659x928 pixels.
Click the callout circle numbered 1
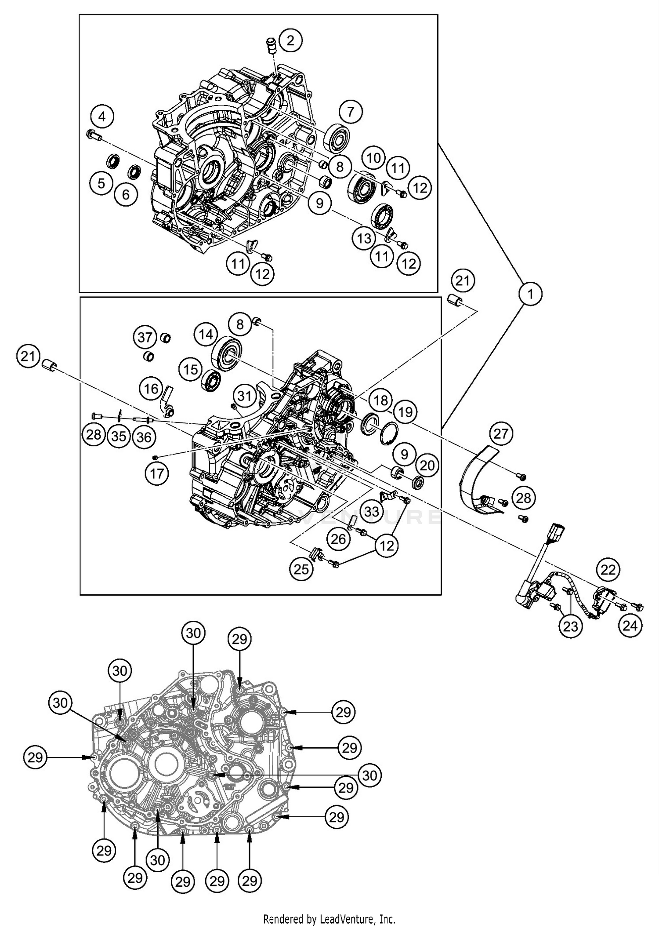coord(530,293)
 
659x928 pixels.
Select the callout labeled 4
coord(102,117)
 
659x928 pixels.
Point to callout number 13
coord(364,239)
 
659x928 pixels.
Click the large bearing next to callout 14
coord(227,353)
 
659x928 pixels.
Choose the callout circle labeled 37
coord(145,337)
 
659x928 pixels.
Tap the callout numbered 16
coord(152,389)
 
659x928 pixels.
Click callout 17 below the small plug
coord(157,473)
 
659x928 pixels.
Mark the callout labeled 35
coord(119,436)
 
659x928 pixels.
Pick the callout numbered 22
coord(608,570)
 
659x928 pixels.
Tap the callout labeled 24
coord(630,625)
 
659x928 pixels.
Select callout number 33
coord(372,511)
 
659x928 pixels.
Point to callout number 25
coord(301,569)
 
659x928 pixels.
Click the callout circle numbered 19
coord(405,412)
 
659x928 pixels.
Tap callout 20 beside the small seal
coord(427,466)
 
